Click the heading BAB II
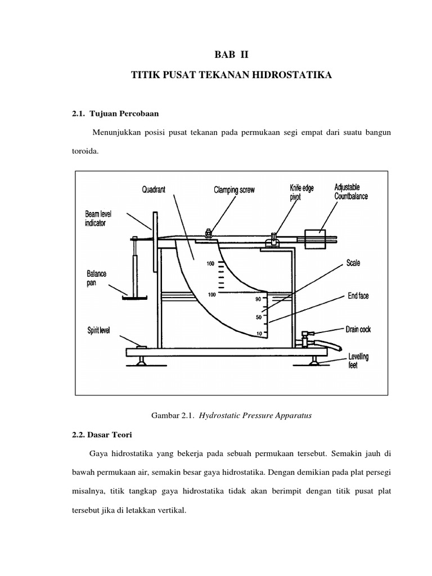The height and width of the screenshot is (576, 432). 231,55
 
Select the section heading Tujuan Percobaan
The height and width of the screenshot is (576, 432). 117,114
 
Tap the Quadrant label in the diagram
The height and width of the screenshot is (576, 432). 154,190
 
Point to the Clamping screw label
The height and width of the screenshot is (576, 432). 234,190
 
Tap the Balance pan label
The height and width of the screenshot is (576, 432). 96,277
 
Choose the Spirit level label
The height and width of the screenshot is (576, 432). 98,330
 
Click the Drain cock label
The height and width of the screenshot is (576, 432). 358,330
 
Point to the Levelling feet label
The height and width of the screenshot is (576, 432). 358,360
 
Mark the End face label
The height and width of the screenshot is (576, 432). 358,296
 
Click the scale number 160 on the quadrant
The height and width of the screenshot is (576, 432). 211,263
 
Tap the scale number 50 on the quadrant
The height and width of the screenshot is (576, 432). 259,317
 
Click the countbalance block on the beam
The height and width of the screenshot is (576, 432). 314,239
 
